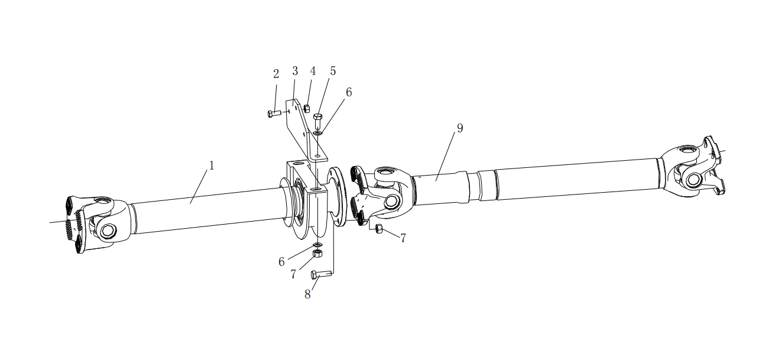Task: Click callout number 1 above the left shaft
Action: [x=212, y=166]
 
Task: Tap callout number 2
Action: [x=275, y=74]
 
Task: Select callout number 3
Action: [x=295, y=71]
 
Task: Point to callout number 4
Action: [x=313, y=71]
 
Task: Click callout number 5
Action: [x=333, y=71]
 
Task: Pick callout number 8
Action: [x=307, y=294]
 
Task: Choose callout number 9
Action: [x=460, y=128]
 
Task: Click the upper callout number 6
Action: [x=349, y=92]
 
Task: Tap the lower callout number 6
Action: [x=281, y=262]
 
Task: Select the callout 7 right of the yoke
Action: [x=403, y=238]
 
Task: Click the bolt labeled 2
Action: [x=274, y=113]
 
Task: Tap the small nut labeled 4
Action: [x=307, y=108]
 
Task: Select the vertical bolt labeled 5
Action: [x=317, y=121]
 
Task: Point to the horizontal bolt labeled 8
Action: [x=322, y=275]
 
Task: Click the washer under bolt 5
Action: [x=318, y=132]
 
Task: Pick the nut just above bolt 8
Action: [x=317, y=253]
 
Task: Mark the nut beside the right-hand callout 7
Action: [x=379, y=229]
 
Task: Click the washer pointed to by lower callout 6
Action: [x=317, y=245]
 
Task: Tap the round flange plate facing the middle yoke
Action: [x=338, y=196]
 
